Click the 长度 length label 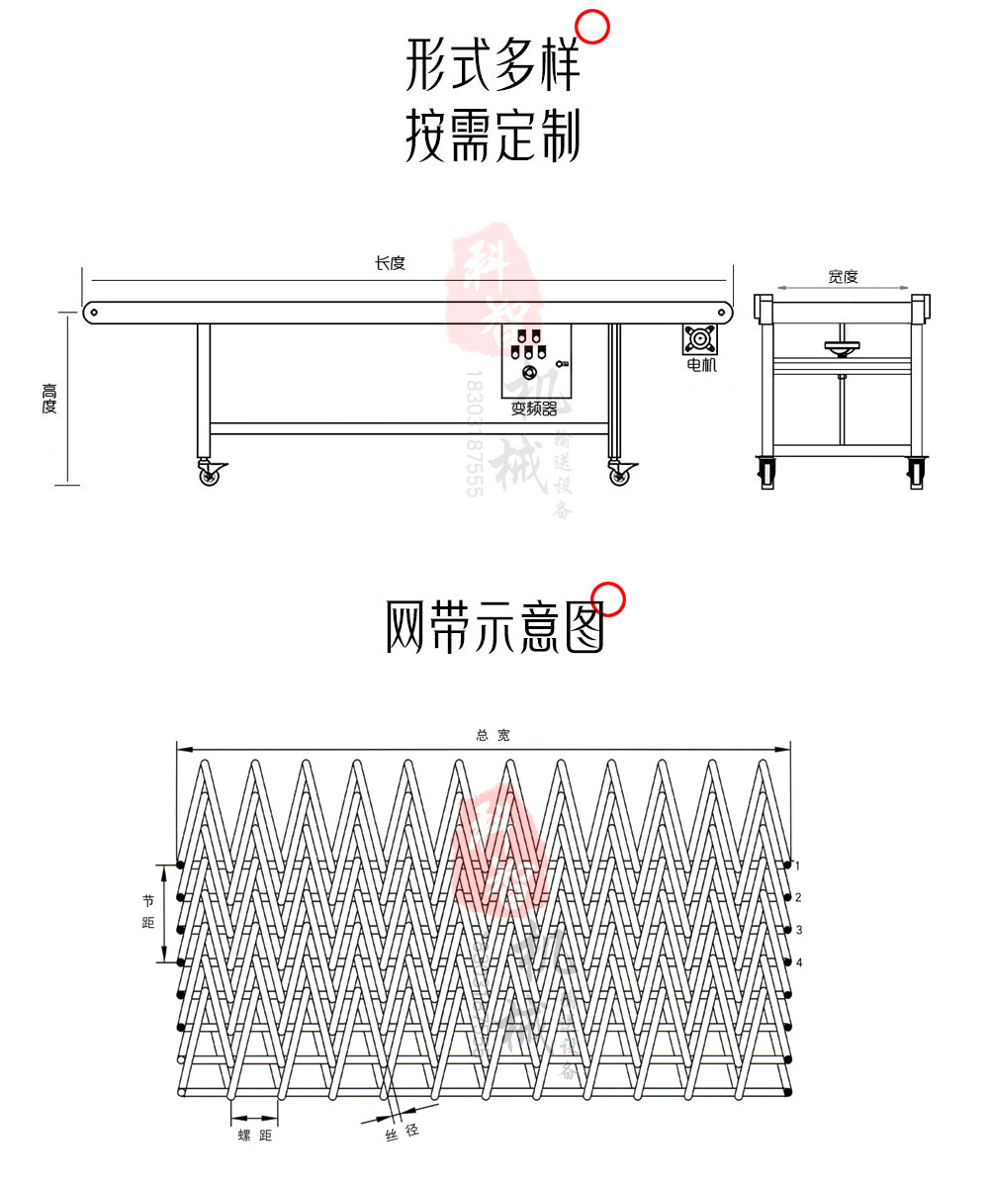click(390, 263)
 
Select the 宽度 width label click(843, 277)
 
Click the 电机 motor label click(701, 365)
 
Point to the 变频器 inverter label click(533, 409)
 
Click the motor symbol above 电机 click(700, 339)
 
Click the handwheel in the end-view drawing click(842, 347)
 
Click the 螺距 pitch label click(254, 1136)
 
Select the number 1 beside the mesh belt click(798, 866)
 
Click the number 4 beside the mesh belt click(798, 962)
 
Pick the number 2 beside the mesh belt click(798, 897)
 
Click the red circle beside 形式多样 click(592, 27)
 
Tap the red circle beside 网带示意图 click(609, 599)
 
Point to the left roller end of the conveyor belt click(94, 312)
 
